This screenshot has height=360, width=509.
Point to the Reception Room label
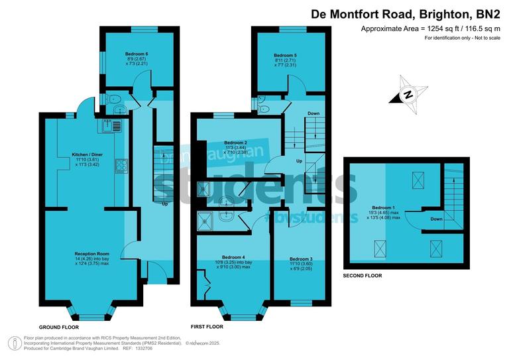[91, 253]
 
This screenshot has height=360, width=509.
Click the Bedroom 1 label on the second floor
[384, 208]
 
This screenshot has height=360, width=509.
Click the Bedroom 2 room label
[235, 143]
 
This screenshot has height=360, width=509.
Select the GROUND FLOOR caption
[59, 328]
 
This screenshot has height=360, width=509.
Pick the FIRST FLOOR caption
[207, 327]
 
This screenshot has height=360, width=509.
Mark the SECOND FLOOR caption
[363, 274]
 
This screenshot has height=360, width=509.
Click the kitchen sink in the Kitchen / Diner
[110, 125]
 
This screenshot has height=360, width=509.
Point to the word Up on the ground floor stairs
[164, 204]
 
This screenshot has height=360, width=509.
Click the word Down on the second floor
[436, 219]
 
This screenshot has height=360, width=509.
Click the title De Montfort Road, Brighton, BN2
[407, 13]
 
